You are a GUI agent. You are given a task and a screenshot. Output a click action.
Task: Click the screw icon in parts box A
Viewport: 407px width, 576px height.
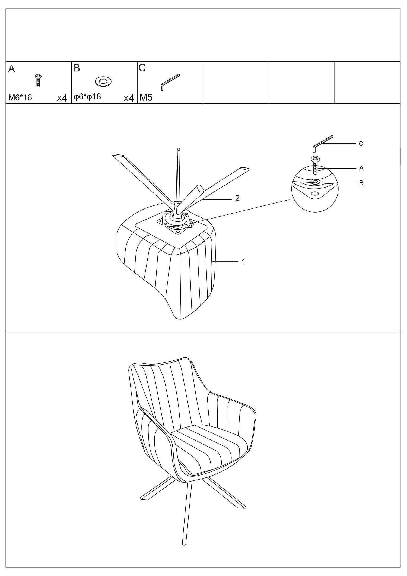pos(38,80)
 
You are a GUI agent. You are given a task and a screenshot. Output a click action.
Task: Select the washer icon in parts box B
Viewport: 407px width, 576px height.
pos(103,81)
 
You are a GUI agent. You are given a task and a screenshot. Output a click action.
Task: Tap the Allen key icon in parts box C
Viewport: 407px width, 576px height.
pos(170,82)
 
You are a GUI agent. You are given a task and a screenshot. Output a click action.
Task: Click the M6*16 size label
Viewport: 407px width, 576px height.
pos(20,97)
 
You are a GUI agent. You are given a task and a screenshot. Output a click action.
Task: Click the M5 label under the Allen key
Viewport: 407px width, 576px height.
pos(146,97)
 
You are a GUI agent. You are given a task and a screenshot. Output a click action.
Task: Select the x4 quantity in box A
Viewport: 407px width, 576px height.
pos(62,98)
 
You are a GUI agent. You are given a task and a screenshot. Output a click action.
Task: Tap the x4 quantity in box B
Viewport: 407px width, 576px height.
pos(129,98)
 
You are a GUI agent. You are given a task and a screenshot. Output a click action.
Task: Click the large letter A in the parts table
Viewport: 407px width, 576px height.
pos(12,69)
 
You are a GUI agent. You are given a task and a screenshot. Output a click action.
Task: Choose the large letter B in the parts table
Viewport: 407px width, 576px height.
pos(77,68)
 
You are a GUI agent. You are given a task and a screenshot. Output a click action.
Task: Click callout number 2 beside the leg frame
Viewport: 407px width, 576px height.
pos(237,198)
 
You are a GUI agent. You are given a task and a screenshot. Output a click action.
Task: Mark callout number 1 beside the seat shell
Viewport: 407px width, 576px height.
pos(244,262)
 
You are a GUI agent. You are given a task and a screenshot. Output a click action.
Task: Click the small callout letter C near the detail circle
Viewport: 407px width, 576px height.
pos(361,144)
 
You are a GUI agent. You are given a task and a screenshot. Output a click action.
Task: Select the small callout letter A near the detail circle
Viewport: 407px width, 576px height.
pos(361,168)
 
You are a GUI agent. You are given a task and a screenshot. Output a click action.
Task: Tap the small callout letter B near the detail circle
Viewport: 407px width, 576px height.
pos(361,183)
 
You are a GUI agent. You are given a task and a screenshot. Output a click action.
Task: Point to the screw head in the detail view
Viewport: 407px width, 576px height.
pos(315,159)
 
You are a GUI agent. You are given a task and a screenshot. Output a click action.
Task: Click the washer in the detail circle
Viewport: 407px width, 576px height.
pos(315,182)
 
